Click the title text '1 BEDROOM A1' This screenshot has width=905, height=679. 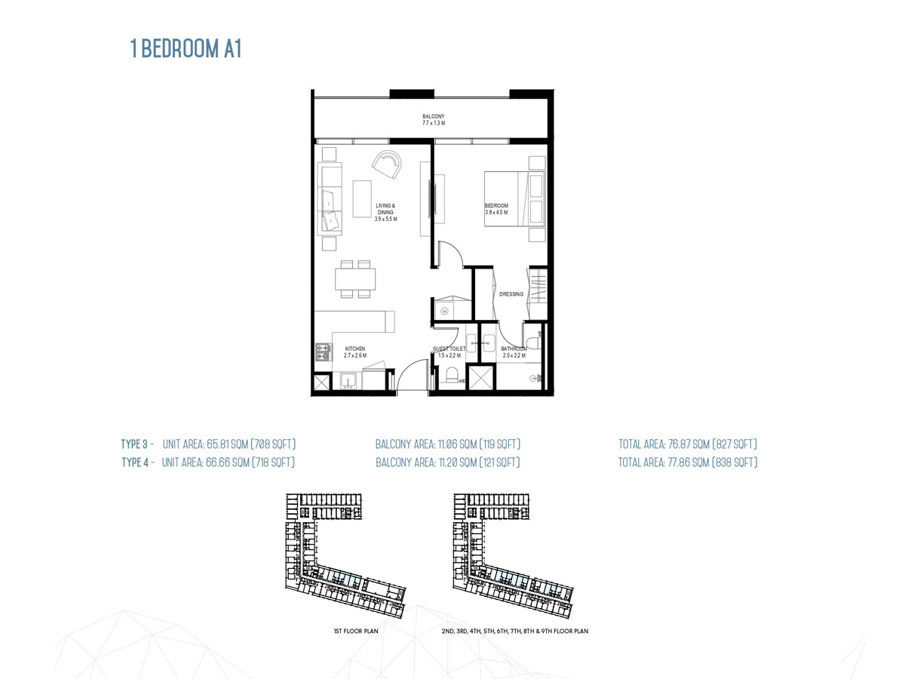point(186,50)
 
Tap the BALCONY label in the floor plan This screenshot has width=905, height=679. point(433,116)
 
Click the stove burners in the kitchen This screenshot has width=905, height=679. point(324,352)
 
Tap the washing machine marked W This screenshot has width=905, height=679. point(445,310)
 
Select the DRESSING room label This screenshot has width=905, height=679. point(511,294)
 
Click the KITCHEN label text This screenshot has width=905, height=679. point(354,349)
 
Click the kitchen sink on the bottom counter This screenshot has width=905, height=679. point(348,379)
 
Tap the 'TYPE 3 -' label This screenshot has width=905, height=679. point(137,444)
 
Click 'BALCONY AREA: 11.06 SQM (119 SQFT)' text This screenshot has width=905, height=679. point(448,444)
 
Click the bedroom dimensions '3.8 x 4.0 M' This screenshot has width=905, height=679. point(496,213)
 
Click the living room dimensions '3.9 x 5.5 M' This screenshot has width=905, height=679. point(385,219)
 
